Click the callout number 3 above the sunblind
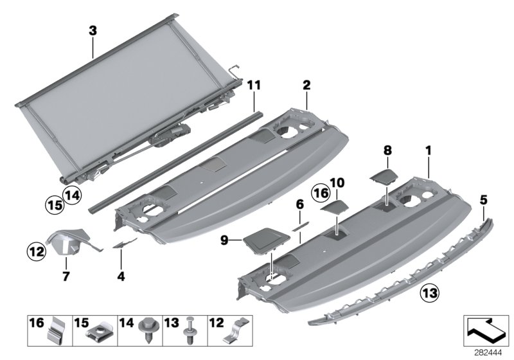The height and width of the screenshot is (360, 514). (x=93, y=30)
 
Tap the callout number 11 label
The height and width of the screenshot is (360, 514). (x=254, y=84)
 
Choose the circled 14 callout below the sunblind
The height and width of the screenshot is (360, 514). (x=72, y=194)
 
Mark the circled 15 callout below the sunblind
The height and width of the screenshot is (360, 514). (x=54, y=204)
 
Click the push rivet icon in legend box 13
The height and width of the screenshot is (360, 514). (x=191, y=331)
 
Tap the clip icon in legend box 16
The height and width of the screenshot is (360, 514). (x=58, y=330)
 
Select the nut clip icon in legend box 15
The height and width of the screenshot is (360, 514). (x=102, y=332)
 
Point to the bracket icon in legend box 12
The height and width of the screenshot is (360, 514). (x=235, y=332)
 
